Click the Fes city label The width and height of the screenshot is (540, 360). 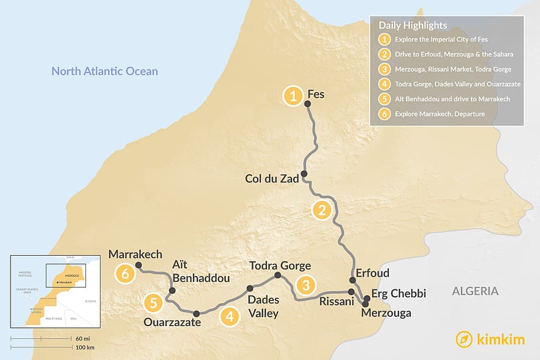coord(316,95)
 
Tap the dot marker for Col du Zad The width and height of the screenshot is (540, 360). coord(304,173)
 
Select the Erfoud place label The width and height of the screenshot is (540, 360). coord(372,273)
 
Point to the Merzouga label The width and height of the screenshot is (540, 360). coord(386,313)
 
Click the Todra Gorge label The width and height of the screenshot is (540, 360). coord(280,266)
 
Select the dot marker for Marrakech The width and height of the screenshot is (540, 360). coord(138,265)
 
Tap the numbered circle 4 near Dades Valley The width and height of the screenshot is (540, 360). coord(229,316)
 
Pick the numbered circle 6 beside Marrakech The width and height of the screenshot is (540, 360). coord(125,274)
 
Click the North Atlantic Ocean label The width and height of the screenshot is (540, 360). coord(104,71)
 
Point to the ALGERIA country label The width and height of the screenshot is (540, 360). coord(475,291)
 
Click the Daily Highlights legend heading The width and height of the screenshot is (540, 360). coord(413,25)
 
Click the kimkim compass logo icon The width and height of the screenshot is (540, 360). coord(464,339)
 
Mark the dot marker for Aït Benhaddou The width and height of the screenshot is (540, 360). coord(172,290)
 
